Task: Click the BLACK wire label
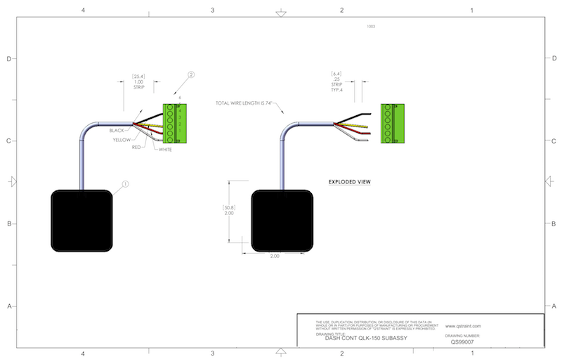point(117,131)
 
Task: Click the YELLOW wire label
point(122,140)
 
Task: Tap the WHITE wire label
point(166,150)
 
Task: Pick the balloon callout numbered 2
point(190,74)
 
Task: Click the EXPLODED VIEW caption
point(349,182)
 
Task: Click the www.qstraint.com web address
point(463,326)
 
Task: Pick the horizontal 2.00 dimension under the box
point(275,256)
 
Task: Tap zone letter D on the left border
point(9,59)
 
